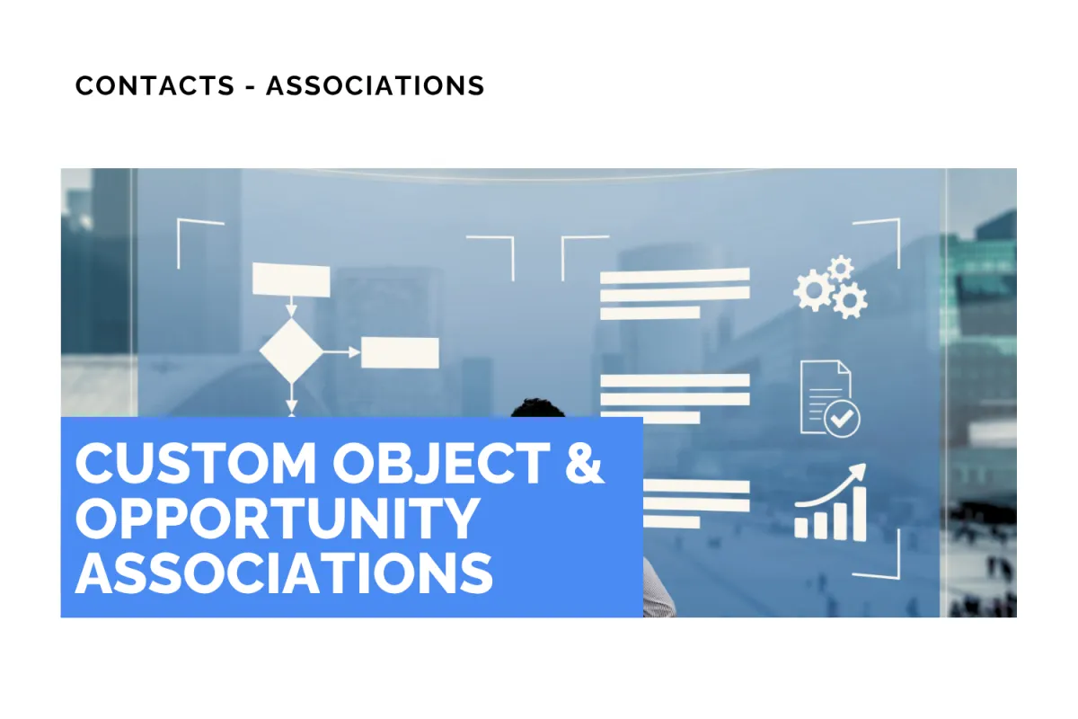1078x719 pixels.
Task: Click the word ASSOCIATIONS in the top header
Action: (x=375, y=85)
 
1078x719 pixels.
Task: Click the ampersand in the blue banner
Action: (x=585, y=464)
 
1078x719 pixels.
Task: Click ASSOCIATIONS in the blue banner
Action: (x=284, y=571)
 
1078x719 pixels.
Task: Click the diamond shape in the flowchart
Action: (x=290, y=351)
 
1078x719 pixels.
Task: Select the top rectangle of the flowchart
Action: (x=291, y=280)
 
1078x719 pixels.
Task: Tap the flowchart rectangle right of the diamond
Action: (x=400, y=352)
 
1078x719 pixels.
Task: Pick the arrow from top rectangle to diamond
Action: (x=290, y=307)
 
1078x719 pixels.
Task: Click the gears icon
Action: (x=830, y=287)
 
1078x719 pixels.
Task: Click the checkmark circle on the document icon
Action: (x=843, y=418)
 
